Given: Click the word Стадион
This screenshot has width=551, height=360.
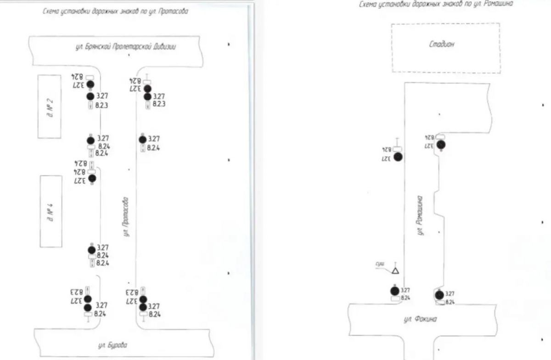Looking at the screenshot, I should click(x=442, y=45).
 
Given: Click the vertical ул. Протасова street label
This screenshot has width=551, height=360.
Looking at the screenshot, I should click(x=125, y=217).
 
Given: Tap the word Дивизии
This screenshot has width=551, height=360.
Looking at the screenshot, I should click(x=163, y=47).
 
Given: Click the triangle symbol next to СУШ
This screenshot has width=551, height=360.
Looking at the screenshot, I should click(x=395, y=270).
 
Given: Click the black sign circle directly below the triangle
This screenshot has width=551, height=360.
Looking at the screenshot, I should click(x=394, y=291).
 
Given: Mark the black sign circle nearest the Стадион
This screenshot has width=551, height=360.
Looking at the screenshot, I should click(x=441, y=145).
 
